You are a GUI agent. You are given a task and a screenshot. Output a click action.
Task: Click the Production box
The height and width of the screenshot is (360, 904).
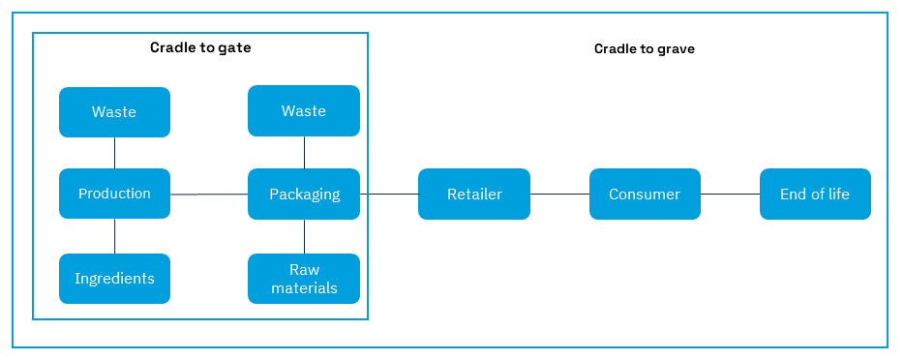(x=114, y=194)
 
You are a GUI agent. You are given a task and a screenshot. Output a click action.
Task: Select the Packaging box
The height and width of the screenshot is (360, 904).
(x=304, y=194)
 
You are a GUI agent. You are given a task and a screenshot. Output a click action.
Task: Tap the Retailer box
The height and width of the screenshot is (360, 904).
(x=474, y=194)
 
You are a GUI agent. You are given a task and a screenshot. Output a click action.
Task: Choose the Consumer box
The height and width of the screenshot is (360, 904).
(x=645, y=194)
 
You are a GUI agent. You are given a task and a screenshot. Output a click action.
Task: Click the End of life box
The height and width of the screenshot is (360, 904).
(x=815, y=194)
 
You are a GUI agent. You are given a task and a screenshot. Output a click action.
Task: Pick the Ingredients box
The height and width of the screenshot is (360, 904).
(x=114, y=279)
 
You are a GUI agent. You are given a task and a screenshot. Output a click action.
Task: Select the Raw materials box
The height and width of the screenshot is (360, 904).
(x=304, y=279)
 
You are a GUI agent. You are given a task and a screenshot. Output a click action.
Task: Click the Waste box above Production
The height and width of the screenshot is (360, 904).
(x=114, y=112)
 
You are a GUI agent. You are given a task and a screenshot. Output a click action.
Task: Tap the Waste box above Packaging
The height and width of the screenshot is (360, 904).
(x=304, y=110)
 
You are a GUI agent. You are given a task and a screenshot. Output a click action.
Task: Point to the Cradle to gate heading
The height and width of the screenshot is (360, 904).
(x=200, y=47)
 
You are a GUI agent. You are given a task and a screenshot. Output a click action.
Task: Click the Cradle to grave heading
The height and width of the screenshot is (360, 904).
(x=644, y=48)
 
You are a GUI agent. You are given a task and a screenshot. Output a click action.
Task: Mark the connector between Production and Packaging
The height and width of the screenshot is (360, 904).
(x=209, y=195)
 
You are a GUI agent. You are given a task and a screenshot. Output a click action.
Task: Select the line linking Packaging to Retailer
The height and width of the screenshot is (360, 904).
(x=389, y=194)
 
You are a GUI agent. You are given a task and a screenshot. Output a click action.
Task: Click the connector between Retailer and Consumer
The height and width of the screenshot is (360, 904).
(x=559, y=194)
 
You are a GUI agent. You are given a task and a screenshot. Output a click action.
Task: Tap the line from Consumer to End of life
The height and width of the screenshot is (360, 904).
(x=730, y=194)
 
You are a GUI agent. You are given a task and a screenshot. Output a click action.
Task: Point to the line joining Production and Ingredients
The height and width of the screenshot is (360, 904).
(x=115, y=236)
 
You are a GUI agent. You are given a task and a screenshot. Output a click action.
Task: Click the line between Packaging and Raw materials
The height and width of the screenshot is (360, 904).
(x=305, y=236)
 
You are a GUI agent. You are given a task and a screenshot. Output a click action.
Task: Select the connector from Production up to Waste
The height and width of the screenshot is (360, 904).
(x=115, y=153)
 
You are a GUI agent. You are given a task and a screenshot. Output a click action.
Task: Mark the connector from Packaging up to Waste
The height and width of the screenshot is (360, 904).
(x=305, y=152)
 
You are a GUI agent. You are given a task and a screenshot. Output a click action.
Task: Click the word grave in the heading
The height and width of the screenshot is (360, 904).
(x=676, y=48)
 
